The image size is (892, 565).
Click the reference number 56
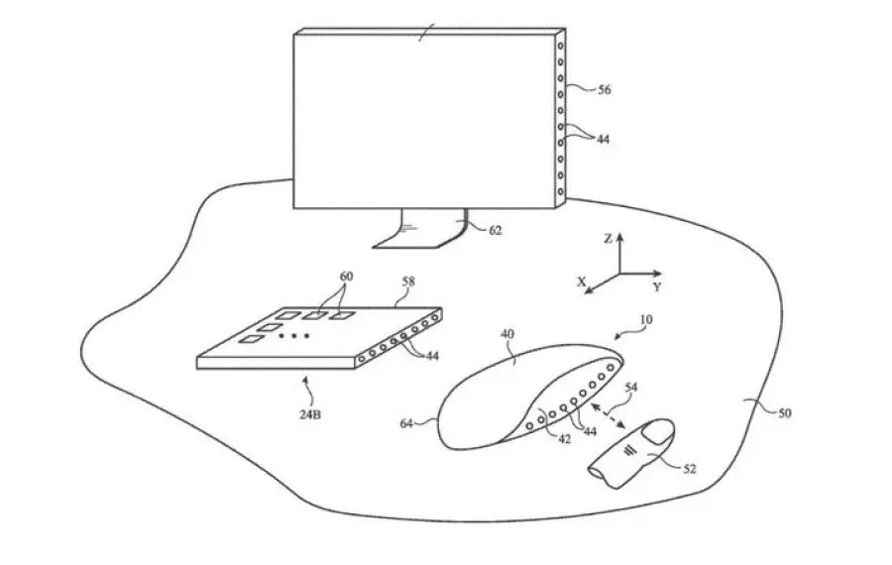605,89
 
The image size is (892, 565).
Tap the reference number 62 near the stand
496,230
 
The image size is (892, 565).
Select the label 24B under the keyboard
310,414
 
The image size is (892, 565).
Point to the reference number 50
785,413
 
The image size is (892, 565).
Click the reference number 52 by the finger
690,469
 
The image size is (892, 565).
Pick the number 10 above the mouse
646,320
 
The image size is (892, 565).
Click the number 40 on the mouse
507,333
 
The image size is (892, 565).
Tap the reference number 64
406,423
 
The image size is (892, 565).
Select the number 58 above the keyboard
408,282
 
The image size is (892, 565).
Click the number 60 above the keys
347,277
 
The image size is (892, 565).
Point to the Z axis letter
609,239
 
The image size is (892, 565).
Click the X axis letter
582,282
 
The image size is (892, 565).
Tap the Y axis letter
657,287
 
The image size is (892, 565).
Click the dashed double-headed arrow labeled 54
609,416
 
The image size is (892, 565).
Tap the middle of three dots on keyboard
294,336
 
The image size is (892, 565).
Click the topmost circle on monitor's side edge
561,46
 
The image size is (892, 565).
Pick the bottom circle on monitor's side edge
561,191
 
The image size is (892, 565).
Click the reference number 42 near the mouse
564,439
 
